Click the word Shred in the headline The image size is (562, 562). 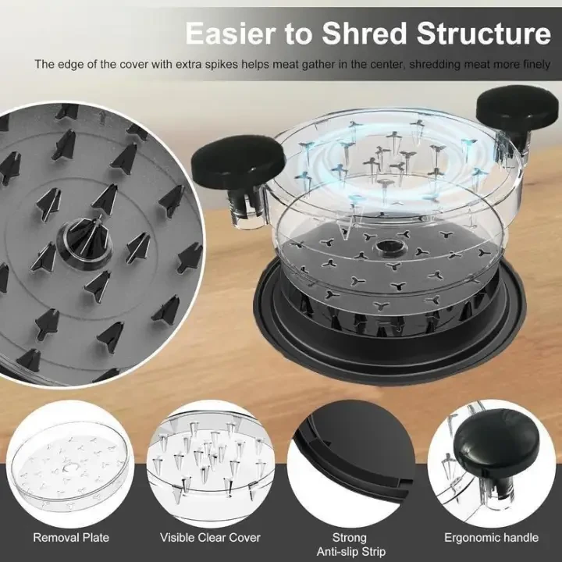coord(365,33)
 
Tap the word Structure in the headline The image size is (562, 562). coord(483,33)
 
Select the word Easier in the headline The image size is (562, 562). coord(230,33)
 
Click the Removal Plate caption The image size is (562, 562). coord(71,538)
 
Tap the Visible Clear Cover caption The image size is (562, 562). coord(210,538)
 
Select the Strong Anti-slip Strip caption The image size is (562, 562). coord(351,545)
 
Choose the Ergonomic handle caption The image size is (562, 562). coord(492,538)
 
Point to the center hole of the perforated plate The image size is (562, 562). coord(386,247)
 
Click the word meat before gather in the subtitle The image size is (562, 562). coord(286,65)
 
